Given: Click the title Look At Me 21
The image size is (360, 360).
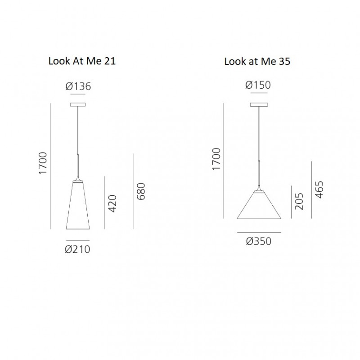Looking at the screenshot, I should click(x=82, y=62).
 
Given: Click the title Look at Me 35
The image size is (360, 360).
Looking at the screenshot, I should click(x=257, y=62).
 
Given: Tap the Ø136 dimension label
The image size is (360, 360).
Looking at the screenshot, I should click(x=78, y=86).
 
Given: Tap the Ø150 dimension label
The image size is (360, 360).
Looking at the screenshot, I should click(x=258, y=85).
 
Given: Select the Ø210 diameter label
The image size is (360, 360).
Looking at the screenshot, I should click(x=78, y=248).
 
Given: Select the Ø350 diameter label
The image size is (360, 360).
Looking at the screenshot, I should click(x=259, y=241).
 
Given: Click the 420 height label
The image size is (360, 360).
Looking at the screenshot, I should click(x=112, y=203).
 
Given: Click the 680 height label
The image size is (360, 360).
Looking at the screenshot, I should click(x=141, y=192).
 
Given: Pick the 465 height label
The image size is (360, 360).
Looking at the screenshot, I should click(x=319, y=190).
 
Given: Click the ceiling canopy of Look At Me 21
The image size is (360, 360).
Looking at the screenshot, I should click(x=78, y=105).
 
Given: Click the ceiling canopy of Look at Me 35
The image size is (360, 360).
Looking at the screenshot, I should click(x=259, y=105).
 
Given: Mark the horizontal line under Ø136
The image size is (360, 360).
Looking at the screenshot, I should click(x=78, y=95).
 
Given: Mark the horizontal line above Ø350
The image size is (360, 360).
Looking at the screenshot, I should click(x=259, y=232).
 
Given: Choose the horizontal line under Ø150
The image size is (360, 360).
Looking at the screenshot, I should click(x=259, y=94).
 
